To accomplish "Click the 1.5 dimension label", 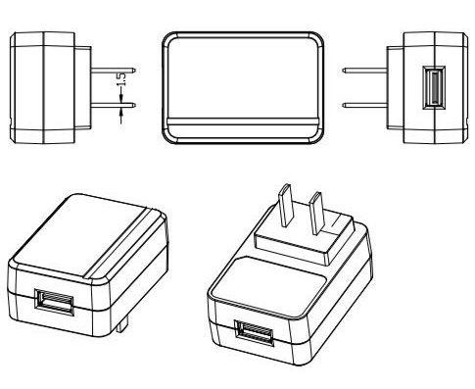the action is coord(120,79).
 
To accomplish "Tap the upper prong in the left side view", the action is coord(113,71).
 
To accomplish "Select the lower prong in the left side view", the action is coord(113,105).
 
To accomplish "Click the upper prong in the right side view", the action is coord(364,71).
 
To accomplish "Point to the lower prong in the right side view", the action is coord(364,105).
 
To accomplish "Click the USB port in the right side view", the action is coord(434,87).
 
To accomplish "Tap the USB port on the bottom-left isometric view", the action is coord(55,302).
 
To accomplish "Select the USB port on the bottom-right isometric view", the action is coord(255,332).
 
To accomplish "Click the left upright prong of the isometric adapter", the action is coord(285,205).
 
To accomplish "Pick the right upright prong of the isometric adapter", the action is coord(317,213).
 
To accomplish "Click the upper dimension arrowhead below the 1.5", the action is coord(121,97).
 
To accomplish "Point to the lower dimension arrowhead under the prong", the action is coord(121,113).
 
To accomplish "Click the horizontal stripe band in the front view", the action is coord(243,122).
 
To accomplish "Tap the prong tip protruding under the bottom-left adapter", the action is coord(121,327).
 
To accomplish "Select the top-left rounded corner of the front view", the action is coord(168,38).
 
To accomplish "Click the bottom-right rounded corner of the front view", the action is coord(317,137).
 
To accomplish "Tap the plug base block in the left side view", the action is coord(83,87).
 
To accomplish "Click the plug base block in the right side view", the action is coord(395,87).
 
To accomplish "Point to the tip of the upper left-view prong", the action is coord(135,71).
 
